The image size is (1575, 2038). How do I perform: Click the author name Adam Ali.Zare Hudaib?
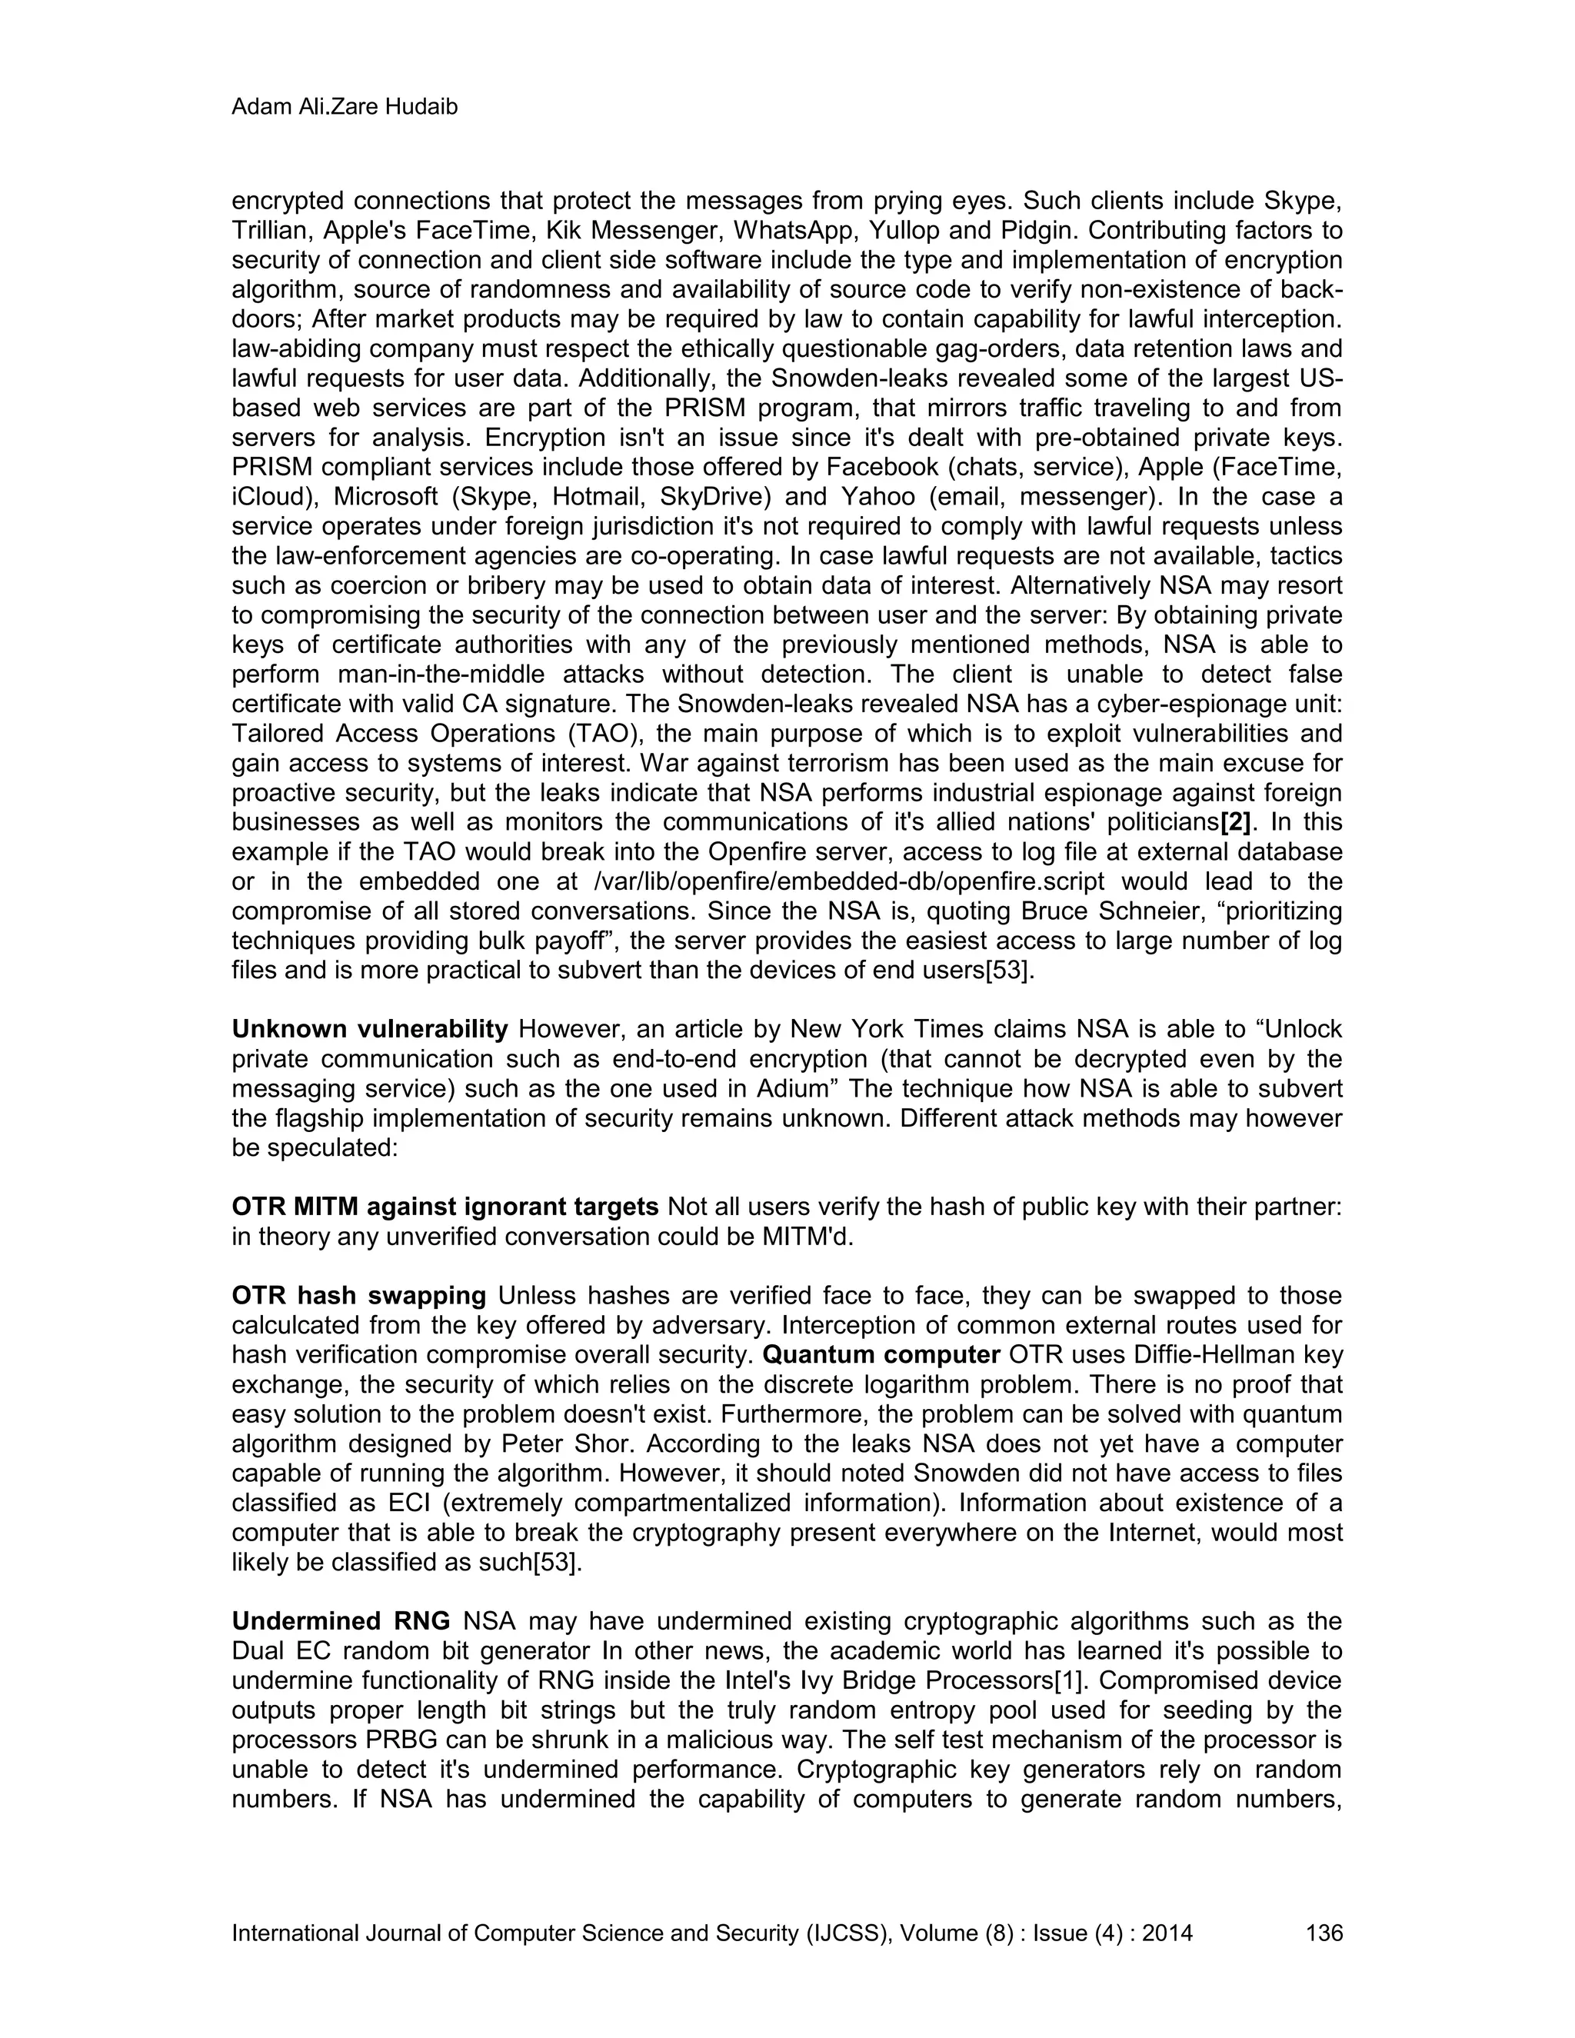pos(345,108)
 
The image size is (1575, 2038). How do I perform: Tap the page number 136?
pos(1323,1933)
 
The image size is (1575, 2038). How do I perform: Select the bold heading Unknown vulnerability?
pos(369,1029)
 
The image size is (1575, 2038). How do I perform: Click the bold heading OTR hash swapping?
pos(358,1296)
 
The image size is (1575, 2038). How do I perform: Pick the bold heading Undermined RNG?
pos(341,1621)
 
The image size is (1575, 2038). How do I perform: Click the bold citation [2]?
pos(1235,822)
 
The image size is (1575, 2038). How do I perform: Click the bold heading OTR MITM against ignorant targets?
pos(445,1207)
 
